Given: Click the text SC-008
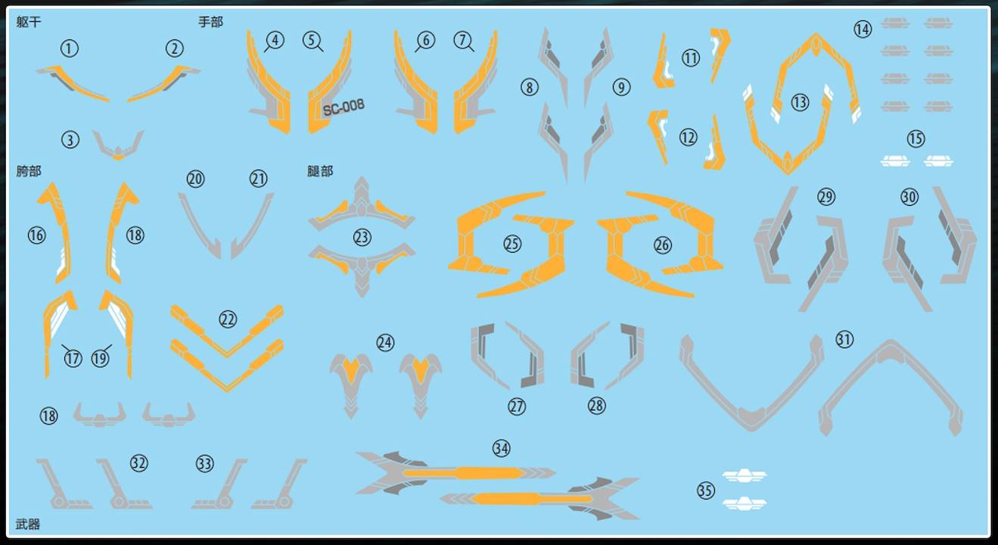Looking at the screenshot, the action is pyautogui.click(x=344, y=107).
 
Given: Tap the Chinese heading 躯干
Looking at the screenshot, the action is pyautogui.click(x=29, y=22).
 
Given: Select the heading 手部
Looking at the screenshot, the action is pyautogui.click(x=210, y=22).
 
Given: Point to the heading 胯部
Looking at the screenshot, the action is pyautogui.click(x=29, y=171).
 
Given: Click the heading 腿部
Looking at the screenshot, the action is pyautogui.click(x=320, y=171).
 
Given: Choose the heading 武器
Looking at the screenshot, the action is pyautogui.click(x=28, y=524).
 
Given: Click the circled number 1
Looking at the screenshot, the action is pyautogui.click(x=69, y=48).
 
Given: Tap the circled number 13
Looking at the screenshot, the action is pyautogui.click(x=800, y=102).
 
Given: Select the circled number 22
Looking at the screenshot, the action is pyautogui.click(x=228, y=319).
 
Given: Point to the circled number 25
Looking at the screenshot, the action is pyautogui.click(x=512, y=244).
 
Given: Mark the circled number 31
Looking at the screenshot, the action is pyautogui.click(x=844, y=340).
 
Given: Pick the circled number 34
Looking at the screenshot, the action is pyautogui.click(x=501, y=448).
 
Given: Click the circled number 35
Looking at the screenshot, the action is pyautogui.click(x=706, y=490).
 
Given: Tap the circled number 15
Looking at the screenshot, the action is pyautogui.click(x=916, y=139).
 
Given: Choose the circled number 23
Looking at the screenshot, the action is pyautogui.click(x=362, y=238).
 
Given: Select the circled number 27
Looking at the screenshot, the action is pyautogui.click(x=517, y=406).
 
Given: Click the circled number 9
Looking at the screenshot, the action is pyautogui.click(x=621, y=87).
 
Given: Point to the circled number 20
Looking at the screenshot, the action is pyautogui.click(x=195, y=179).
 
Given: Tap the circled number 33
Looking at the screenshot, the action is pyautogui.click(x=204, y=464).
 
